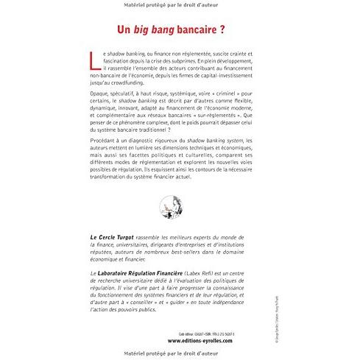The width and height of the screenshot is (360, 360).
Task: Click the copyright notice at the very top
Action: click(x=180, y=7)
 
